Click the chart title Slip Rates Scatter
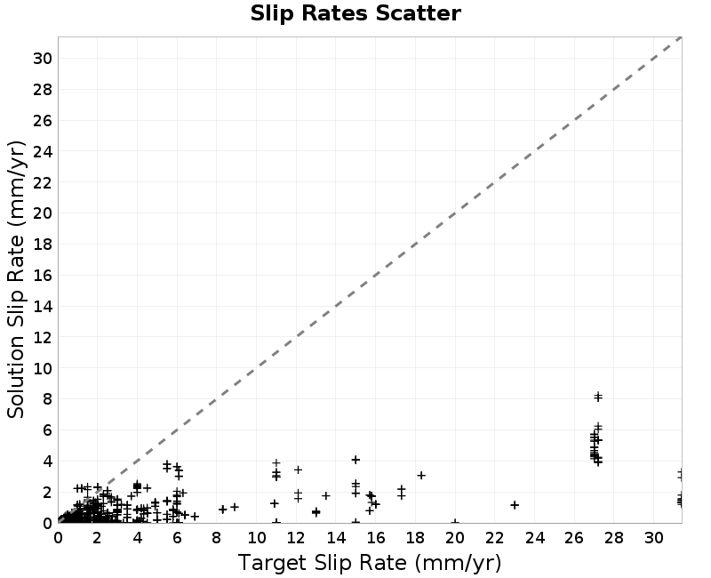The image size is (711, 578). (x=355, y=13)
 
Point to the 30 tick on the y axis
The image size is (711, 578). (x=42, y=58)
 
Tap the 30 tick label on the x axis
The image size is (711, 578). (x=654, y=538)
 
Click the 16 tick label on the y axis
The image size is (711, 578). (x=42, y=276)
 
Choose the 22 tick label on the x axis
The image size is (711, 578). (x=495, y=538)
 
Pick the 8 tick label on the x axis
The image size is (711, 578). (x=217, y=538)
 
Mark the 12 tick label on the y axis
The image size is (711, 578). (x=42, y=338)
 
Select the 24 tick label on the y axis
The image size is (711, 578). (x=42, y=151)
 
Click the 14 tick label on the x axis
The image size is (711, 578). (x=336, y=538)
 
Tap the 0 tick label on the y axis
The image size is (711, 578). (x=47, y=524)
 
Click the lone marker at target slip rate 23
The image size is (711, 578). (x=515, y=505)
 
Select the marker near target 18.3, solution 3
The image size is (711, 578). (x=421, y=476)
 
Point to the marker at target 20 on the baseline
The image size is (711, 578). (x=455, y=522)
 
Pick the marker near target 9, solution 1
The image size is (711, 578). (x=235, y=507)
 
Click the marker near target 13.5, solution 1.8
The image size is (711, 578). (x=326, y=496)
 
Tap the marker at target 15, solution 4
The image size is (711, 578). (x=356, y=460)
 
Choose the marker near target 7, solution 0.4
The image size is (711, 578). (x=195, y=517)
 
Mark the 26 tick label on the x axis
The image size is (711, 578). (x=574, y=538)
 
